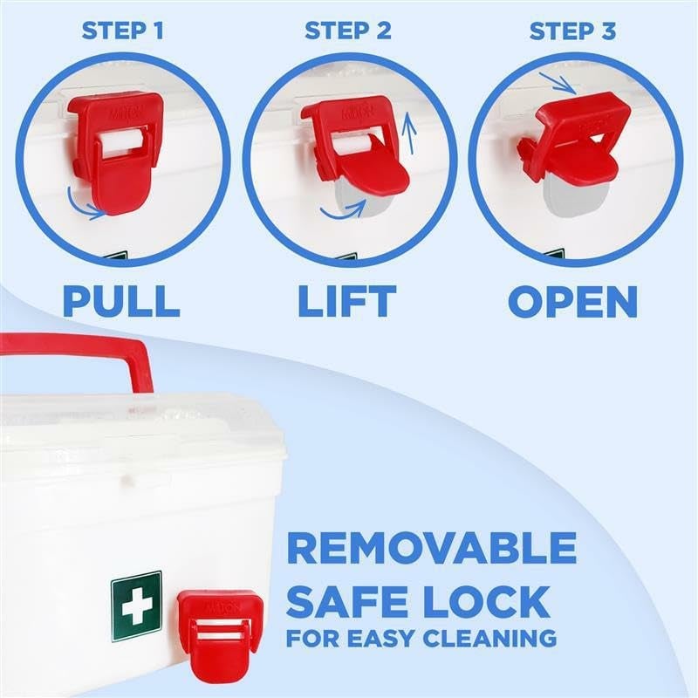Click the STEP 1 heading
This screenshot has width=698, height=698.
point(122,31)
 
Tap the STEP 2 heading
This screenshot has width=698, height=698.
point(348,31)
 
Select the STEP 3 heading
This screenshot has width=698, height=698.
point(573,31)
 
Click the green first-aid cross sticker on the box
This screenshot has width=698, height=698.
point(136,607)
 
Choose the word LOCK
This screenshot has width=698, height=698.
point(483,601)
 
